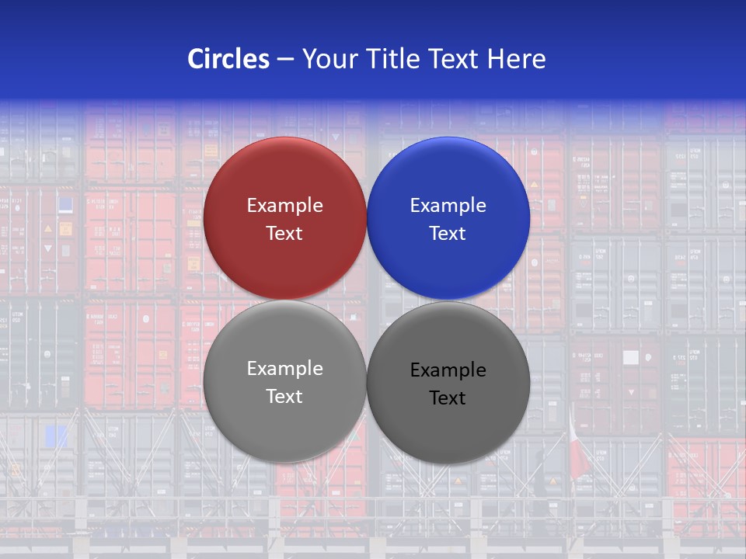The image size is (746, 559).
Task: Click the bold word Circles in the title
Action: click(x=228, y=59)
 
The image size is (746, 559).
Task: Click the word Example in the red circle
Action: click(x=284, y=206)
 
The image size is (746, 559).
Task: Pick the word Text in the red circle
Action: click(x=284, y=234)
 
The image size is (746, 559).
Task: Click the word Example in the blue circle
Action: click(x=448, y=206)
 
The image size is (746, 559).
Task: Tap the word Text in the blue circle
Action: click(x=448, y=234)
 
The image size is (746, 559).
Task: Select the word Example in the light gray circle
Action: click(x=284, y=369)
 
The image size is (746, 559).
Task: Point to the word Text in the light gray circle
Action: click(x=284, y=397)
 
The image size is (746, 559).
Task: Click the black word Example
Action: click(x=448, y=370)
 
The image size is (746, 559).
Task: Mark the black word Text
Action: click(x=448, y=398)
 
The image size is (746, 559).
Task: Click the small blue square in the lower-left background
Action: click(x=56, y=436)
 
